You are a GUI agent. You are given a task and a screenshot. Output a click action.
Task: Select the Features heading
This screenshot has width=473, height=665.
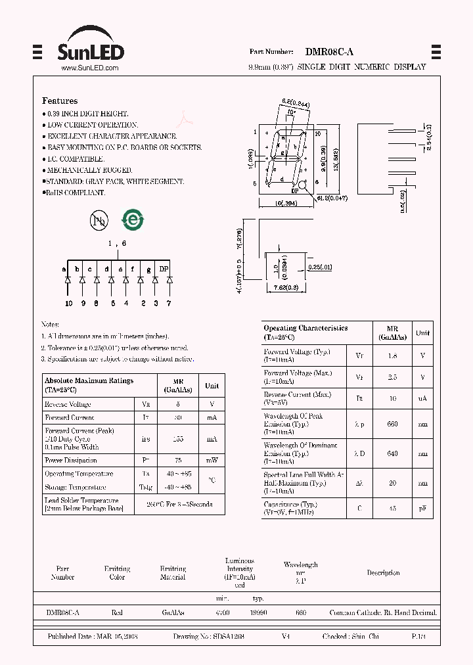point(60,101)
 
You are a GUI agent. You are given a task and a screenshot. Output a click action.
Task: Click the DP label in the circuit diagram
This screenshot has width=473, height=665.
point(164,269)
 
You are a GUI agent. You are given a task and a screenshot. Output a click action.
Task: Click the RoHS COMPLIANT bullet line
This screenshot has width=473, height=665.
point(75,193)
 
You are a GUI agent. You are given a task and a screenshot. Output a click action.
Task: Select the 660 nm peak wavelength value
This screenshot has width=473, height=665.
point(393,424)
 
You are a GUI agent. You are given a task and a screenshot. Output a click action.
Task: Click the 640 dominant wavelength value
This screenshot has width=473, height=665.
point(393,453)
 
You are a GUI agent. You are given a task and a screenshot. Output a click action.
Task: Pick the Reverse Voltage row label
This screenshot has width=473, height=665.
point(68,405)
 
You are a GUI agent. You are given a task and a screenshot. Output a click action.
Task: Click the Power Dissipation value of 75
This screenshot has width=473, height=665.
point(178,461)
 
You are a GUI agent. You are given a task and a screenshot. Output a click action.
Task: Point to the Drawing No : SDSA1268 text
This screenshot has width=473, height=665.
point(209,637)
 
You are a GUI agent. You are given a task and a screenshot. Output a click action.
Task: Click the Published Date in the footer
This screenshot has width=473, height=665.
point(93,637)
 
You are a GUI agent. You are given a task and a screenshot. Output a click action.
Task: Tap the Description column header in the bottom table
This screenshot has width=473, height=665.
point(383,573)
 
